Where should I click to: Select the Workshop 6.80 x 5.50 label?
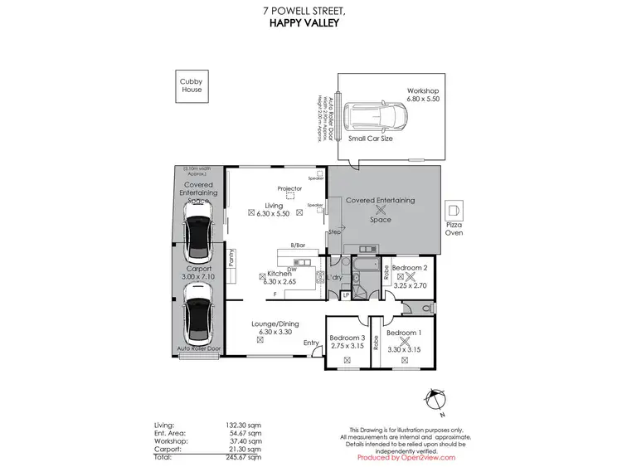point(423,95)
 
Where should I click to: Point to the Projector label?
point(289,189)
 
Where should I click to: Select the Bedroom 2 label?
point(409,268)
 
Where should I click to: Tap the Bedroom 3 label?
point(347,338)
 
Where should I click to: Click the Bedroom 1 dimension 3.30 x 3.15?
point(406,348)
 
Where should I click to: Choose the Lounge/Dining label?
point(276,323)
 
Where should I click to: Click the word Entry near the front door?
point(311,343)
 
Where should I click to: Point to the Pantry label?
point(231,259)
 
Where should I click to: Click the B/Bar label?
point(297,245)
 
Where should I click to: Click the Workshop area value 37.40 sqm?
point(246,441)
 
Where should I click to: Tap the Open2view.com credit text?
point(406,457)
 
